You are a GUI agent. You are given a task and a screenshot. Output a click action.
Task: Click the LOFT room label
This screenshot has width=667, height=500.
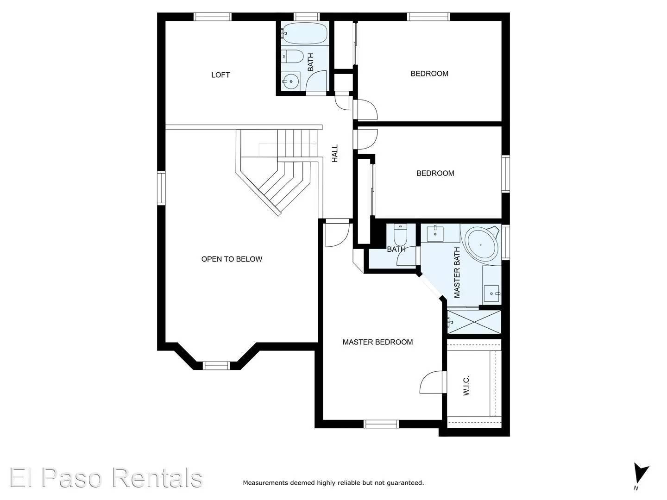tap(220, 75)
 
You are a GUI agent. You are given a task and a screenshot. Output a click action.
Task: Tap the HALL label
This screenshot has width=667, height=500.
tap(335, 153)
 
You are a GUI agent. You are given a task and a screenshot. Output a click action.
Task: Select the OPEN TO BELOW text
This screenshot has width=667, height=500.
tap(232, 259)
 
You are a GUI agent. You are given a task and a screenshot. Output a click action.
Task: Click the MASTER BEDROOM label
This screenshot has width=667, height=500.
tap(378, 342)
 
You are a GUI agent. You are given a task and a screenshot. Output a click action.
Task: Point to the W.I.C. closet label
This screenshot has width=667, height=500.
tap(466, 385)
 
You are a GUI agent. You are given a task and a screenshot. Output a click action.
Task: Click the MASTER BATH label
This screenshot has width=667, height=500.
tap(457, 272)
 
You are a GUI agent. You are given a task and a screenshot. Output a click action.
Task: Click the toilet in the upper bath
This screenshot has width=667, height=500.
tap(292, 56)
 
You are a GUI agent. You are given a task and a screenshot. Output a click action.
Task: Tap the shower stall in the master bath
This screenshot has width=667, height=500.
tap(473, 321)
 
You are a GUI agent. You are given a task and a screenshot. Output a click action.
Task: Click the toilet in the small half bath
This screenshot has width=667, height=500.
tap(399, 236)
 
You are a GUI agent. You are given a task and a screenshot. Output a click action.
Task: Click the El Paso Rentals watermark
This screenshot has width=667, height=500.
tap(106, 478)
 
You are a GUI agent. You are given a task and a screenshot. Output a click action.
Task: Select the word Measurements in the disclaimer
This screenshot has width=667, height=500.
tap(265, 483)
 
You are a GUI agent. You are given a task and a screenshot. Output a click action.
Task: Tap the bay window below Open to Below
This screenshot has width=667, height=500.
tap(217, 365)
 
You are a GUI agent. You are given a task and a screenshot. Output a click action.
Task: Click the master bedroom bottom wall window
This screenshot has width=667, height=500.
tap(381, 424)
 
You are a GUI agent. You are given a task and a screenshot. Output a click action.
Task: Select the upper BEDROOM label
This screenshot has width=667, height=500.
tap(429, 74)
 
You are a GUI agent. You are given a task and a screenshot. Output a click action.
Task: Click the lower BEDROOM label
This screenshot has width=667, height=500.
tap(435, 174)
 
